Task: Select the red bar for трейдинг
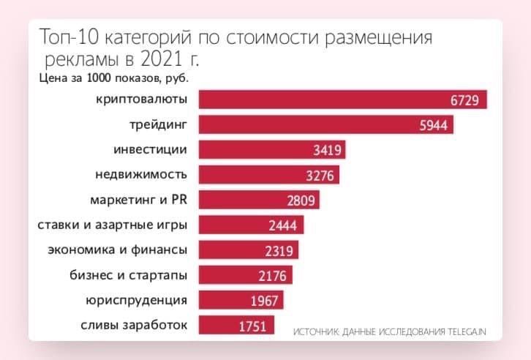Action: click(x=322, y=125)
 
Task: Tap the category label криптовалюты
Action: click(x=141, y=100)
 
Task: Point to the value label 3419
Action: click(x=324, y=151)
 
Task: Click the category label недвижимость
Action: click(x=141, y=175)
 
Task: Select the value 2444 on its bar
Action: click(x=282, y=225)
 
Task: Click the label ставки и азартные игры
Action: click(x=112, y=225)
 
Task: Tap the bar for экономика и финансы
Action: click(x=241, y=250)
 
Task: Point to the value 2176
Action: click(x=272, y=276)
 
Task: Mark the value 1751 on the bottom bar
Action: click(x=253, y=326)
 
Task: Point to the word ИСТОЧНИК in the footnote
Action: click(x=315, y=332)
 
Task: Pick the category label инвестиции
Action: click(x=151, y=150)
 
